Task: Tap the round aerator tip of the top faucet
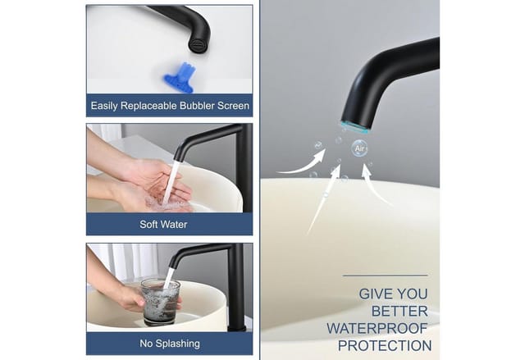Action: (196, 45)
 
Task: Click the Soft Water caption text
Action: (163, 224)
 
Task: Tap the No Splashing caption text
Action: (170, 344)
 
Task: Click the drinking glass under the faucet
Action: (161, 302)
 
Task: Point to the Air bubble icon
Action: (359, 148)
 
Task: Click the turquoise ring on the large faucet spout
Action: (354, 127)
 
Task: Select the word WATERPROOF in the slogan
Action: (377, 329)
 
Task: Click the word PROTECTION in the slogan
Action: (385, 345)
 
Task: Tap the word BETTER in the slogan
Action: (399, 311)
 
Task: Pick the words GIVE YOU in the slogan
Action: (394, 294)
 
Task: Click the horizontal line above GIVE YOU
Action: (386, 276)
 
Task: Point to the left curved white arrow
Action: (304, 164)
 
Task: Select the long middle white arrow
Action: (323, 200)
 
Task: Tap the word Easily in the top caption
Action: (104, 106)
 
